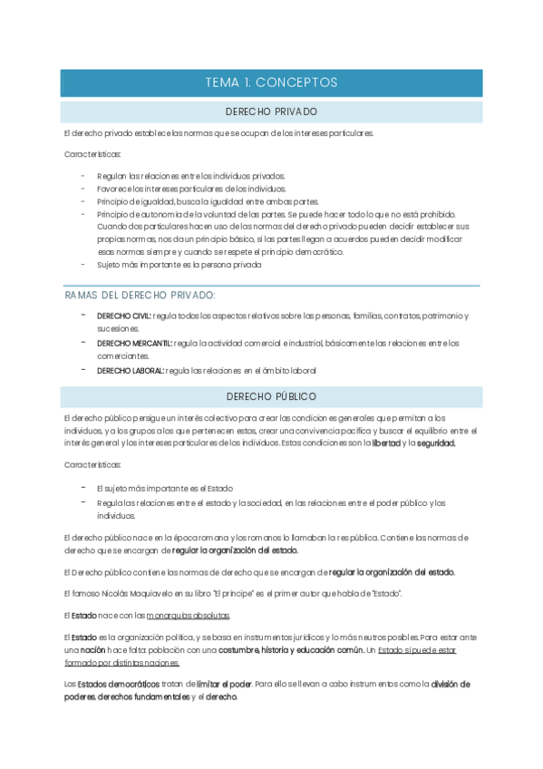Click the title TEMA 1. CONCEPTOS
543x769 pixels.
271,83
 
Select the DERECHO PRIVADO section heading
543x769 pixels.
271,112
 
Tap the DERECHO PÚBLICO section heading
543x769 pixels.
271,396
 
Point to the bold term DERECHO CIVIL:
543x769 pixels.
124,316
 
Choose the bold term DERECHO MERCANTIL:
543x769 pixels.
134,343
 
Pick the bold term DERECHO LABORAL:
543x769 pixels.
131,370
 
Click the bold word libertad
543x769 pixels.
385,443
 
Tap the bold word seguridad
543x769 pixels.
436,443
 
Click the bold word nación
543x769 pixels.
92,650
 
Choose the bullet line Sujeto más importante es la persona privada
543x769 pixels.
179,265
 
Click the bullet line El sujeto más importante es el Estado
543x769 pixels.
158,488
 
